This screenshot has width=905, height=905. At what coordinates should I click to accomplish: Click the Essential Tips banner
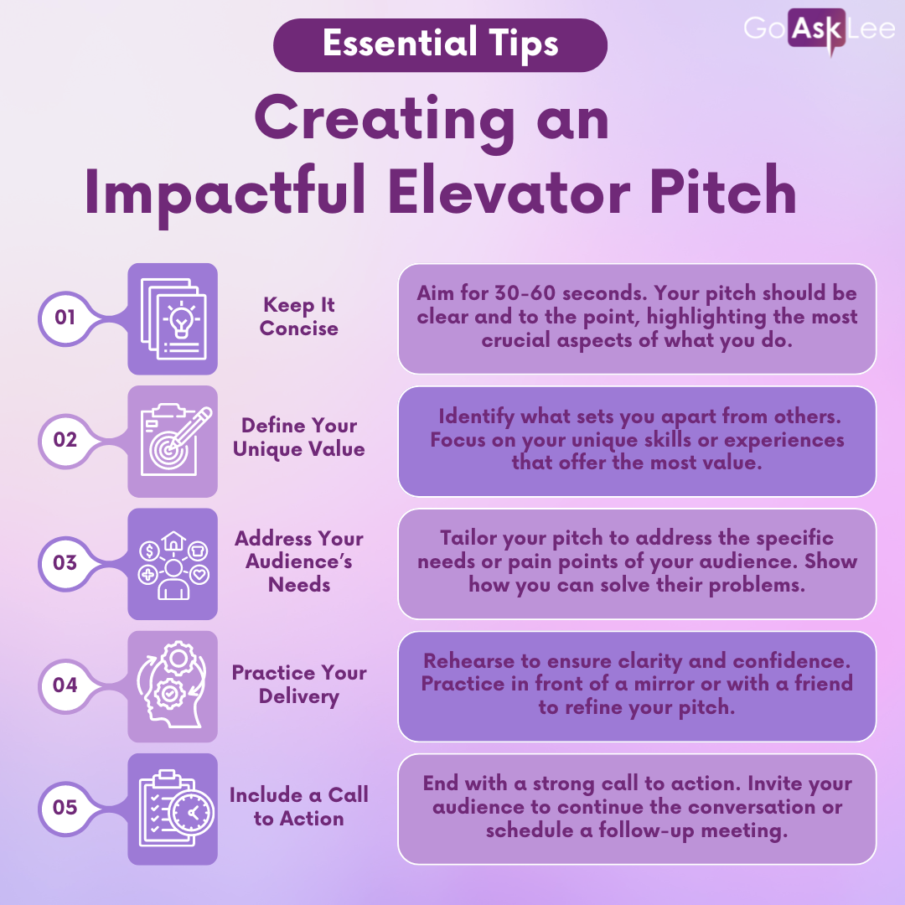(x=440, y=45)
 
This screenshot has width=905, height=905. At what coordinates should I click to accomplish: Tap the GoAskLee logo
(x=819, y=28)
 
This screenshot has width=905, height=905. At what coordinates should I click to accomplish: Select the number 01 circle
(x=66, y=318)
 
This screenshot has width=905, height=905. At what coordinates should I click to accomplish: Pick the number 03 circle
(x=66, y=563)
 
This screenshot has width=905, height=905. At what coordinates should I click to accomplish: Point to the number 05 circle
(x=66, y=808)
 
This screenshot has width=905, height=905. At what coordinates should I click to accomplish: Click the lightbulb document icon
(x=173, y=318)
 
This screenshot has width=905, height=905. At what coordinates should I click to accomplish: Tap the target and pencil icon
(x=175, y=441)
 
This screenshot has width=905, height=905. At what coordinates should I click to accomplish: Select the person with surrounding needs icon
(x=173, y=565)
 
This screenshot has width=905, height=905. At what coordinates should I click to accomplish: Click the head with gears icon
(x=171, y=685)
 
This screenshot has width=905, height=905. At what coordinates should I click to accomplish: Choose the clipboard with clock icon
(x=176, y=808)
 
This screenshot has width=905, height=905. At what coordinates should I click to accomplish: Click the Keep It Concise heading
(x=299, y=317)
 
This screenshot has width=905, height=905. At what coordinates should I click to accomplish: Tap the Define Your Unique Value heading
(x=299, y=437)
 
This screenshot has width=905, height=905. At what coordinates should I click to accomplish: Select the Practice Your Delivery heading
(x=299, y=685)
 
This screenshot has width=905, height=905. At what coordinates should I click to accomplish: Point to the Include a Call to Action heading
(x=299, y=807)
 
